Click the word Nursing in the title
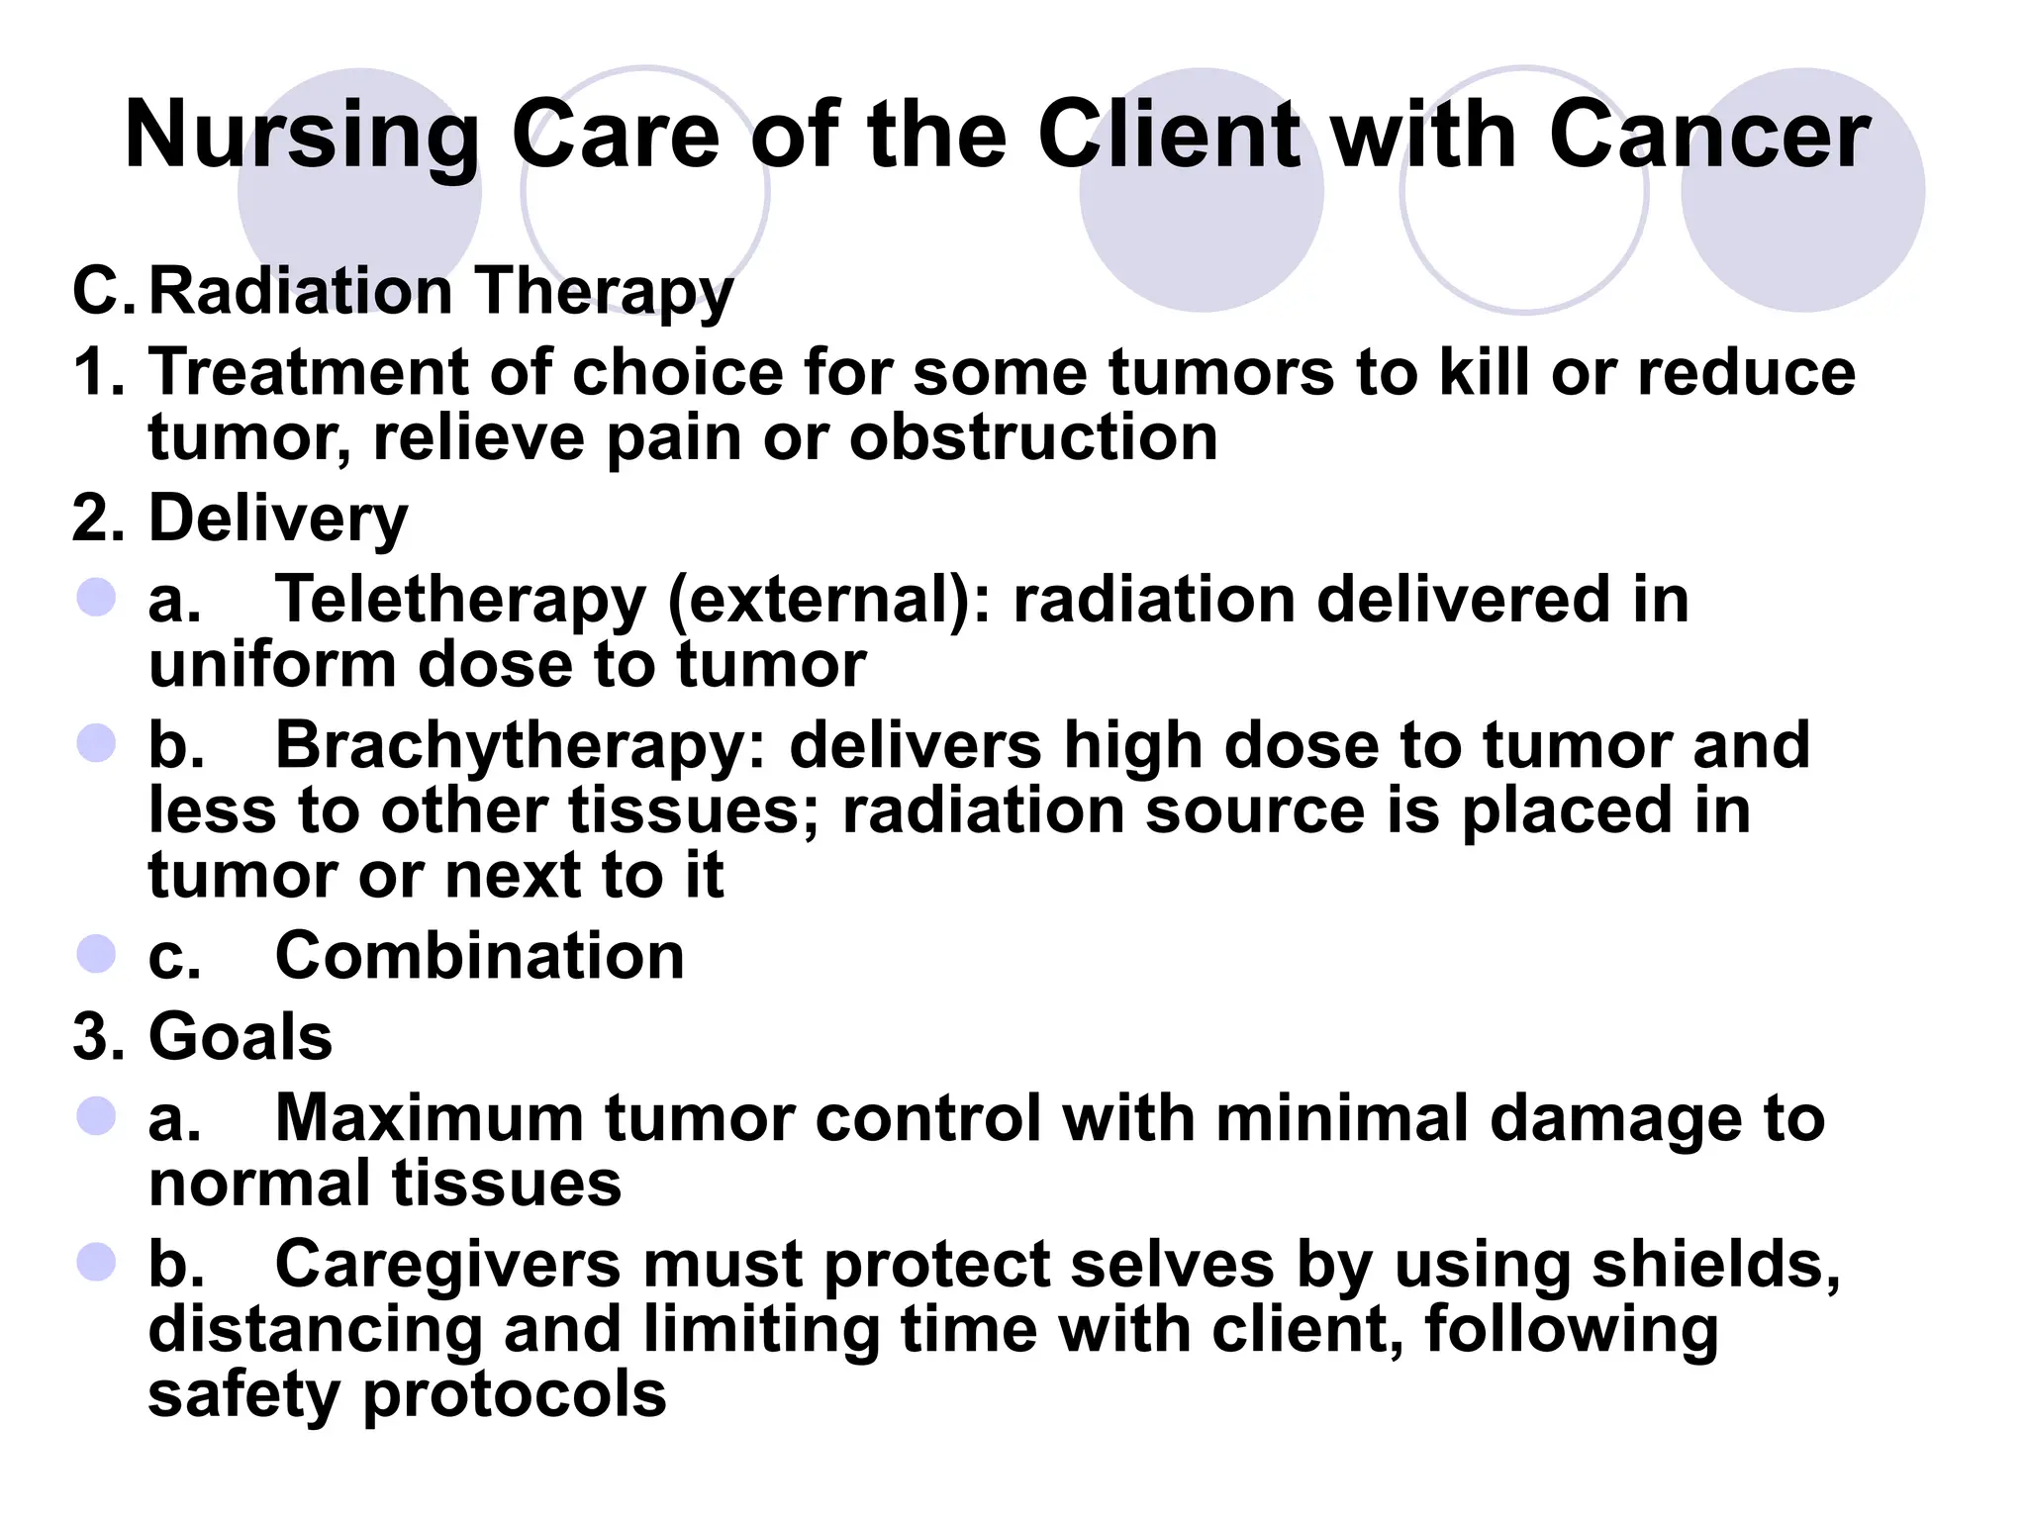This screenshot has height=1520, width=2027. [x=302, y=137]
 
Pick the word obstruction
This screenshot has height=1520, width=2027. [x=1033, y=437]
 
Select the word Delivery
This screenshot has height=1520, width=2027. [x=278, y=519]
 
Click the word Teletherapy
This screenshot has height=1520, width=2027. [x=460, y=600]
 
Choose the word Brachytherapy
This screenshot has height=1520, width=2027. [x=520, y=745]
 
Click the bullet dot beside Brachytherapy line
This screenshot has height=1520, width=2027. [x=96, y=742]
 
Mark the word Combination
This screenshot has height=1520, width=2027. [x=479, y=956]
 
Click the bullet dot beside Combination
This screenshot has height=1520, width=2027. [x=96, y=954]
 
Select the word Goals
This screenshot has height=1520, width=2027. [x=241, y=1037]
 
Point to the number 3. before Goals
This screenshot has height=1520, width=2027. [x=99, y=1037]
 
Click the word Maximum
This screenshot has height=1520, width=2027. [x=429, y=1118]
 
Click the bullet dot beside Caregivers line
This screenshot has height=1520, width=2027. [x=96, y=1262]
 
